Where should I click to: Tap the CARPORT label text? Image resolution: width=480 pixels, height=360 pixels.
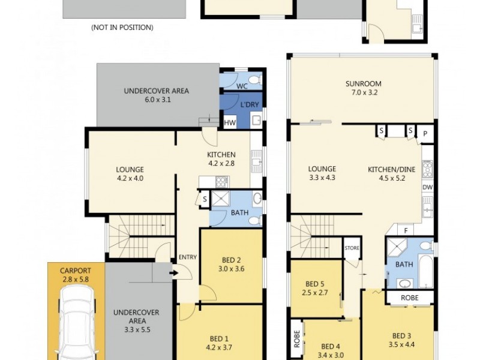[x=76, y=271]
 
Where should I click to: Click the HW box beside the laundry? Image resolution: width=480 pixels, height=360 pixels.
[x=229, y=123]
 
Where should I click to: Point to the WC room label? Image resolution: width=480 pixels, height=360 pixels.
[x=242, y=86]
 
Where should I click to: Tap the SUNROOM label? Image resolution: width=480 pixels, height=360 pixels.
[x=363, y=83]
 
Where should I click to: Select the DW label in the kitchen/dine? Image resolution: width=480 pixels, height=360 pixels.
[x=427, y=188]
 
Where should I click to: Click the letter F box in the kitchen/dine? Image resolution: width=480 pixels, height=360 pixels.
[x=406, y=230]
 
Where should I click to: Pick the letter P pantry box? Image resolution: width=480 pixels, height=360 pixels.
[x=425, y=133]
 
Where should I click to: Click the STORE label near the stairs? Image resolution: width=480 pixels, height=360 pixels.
[x=351, y=247]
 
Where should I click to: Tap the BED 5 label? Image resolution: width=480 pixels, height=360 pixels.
[x=315, y=284]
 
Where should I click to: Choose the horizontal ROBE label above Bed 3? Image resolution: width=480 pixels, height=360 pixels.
[x=410, y=298]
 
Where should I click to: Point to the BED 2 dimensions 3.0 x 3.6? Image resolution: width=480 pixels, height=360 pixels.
[x=231, y=269]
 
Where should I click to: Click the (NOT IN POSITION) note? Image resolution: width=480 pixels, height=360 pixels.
[x=122, y=28]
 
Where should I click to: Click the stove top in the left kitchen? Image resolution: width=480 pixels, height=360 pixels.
[x=221, y=180]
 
